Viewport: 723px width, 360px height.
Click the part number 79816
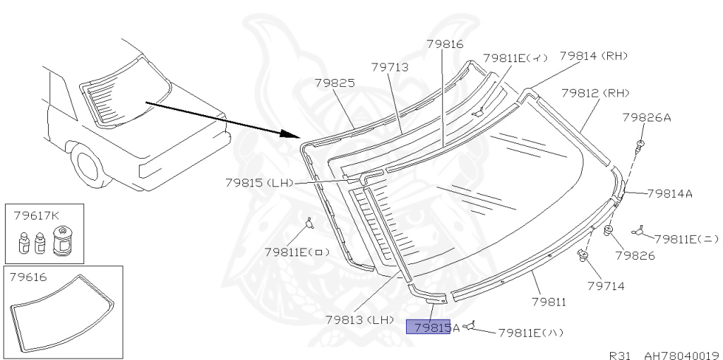coord(445,44)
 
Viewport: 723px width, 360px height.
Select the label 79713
coord(390,67)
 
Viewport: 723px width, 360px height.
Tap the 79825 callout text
coord(335,83)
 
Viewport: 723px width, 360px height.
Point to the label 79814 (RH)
coord(594,56)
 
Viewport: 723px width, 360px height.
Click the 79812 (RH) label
coord(595,93)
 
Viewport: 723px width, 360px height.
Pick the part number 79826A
coord(647,118)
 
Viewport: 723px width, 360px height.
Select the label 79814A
coord(670,193)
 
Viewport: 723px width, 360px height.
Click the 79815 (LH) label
coord(260,183)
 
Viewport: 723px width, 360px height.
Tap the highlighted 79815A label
coord(436,328)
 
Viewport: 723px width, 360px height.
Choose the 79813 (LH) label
coord(359,320)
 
